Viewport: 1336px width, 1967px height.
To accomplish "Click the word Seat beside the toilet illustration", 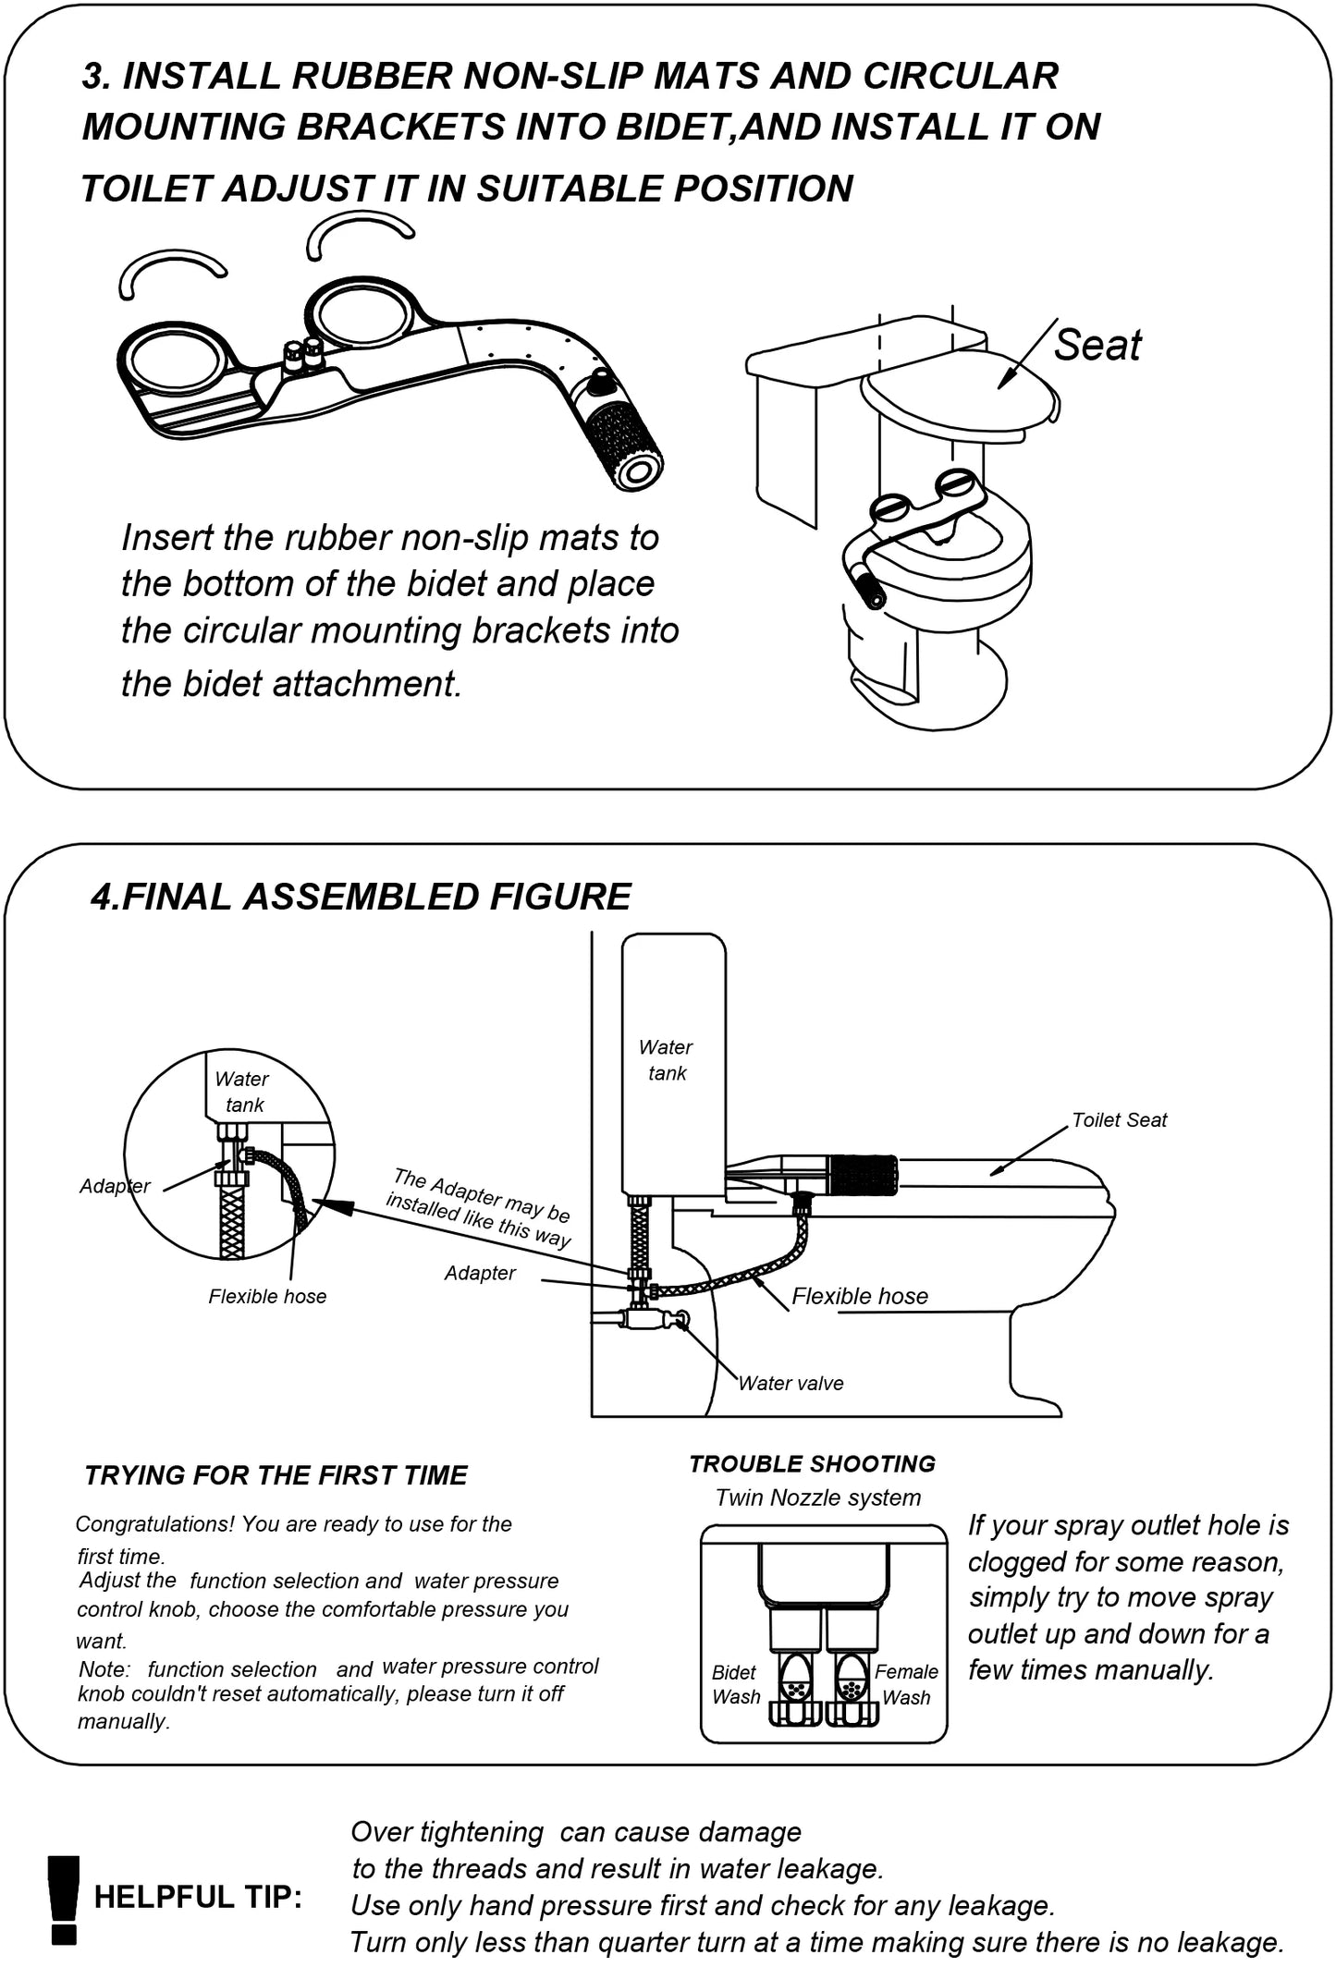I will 1097,345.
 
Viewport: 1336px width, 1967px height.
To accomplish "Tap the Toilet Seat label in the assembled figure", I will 1119,1120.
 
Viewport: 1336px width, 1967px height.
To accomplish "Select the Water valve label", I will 791,1384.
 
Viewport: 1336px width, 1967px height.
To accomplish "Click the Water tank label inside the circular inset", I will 242,1092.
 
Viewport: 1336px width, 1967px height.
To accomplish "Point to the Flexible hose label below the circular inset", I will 267,1297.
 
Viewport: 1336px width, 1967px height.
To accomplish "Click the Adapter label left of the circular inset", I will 114,1186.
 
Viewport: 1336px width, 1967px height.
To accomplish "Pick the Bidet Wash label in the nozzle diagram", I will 736,1684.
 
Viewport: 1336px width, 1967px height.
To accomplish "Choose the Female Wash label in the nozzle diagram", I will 906,1684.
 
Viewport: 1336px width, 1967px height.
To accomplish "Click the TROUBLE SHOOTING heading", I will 812,1463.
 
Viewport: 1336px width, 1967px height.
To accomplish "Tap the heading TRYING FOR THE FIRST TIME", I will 276,1475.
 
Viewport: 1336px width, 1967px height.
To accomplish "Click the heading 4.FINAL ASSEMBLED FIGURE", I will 361,897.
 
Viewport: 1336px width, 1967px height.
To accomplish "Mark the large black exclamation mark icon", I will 64,1898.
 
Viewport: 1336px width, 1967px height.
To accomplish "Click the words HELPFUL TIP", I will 198,1898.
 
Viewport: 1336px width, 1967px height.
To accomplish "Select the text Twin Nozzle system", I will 817,1497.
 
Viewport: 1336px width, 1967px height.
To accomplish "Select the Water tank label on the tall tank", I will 666,1060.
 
